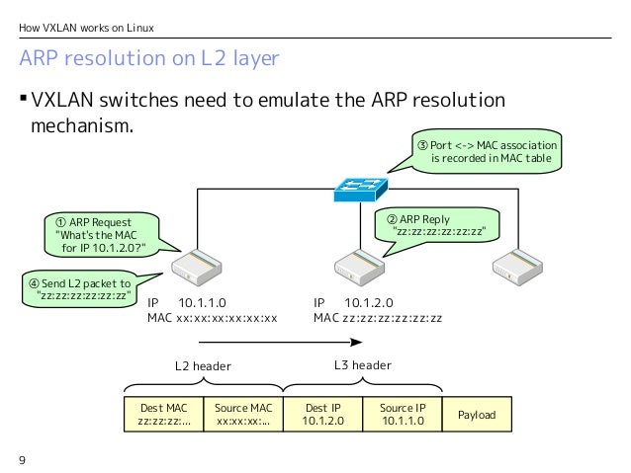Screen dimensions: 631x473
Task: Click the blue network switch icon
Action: (x=361, y=190)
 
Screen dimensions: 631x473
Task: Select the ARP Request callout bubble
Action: (x=103, y=235)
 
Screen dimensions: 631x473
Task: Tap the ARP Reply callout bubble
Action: (x=437, y=226)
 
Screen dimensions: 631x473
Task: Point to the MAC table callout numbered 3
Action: (x=487, y=151)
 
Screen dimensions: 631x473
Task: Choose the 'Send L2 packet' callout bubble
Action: (x=80, y=289)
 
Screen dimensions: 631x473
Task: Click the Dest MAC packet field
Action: (x=164, y=415)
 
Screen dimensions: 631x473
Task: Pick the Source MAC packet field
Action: (x=243, y=415)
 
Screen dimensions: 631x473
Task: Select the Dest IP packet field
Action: (x=322, y=415)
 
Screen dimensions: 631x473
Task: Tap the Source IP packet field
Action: (x=403, y=415)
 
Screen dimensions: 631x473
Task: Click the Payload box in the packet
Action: (x=477, y=415)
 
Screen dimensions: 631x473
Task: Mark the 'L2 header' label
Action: (x=203, y=366)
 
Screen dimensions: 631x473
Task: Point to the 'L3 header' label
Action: (x=363, y=365)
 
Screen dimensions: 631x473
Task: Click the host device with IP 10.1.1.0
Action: (x=197, y=268)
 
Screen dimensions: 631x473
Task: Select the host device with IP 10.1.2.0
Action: (x=359, y=268)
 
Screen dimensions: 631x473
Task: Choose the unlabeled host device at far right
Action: (x=517, y=268)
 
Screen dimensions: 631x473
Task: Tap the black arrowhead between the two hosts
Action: (x=357, y=342)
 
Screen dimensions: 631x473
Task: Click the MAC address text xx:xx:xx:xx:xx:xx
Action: (x=226, y=318)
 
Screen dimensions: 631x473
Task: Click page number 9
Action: (x=22, y=460)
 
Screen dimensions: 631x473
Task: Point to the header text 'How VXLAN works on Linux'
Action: (x=86, y=28)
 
